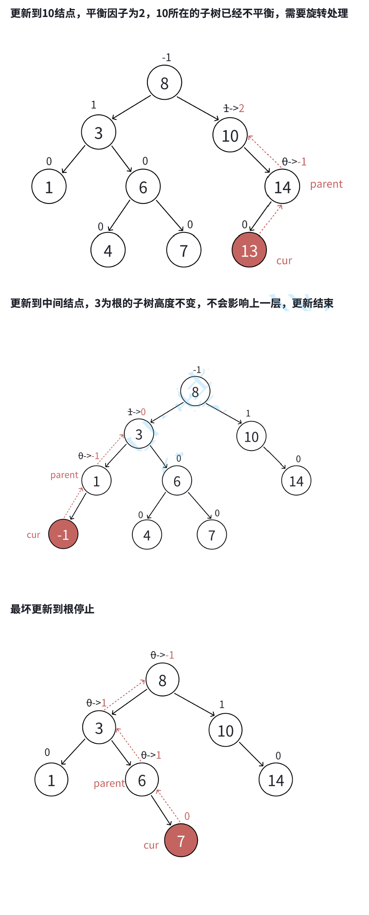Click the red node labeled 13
click(x=249, y=250)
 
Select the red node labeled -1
click(x=63, y=534)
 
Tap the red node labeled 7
click(x=181, y=840)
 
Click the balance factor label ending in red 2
click(x=234, y=109)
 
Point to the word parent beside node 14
click(x=326, y=184)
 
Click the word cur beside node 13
click(x=284, y=261)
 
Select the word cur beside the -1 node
click(x=33, y=535)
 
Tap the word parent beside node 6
click(x=109, y=783)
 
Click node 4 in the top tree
click(x=108, y=250)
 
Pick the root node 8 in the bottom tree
click(x=162, y=680)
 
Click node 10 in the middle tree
click(x=251, y=436)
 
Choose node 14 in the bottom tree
click(x=276, y=780)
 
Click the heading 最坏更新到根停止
click(x=52, y=609)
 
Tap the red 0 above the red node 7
click(x=187, y=816)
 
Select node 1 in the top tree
click(x=49, y=187)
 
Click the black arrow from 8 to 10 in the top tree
click(x=198, y=109)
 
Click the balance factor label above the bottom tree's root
click(x=162, y=655)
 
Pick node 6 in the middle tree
click(x=177, y=481)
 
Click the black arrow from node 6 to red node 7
click(x=161, y=810)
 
